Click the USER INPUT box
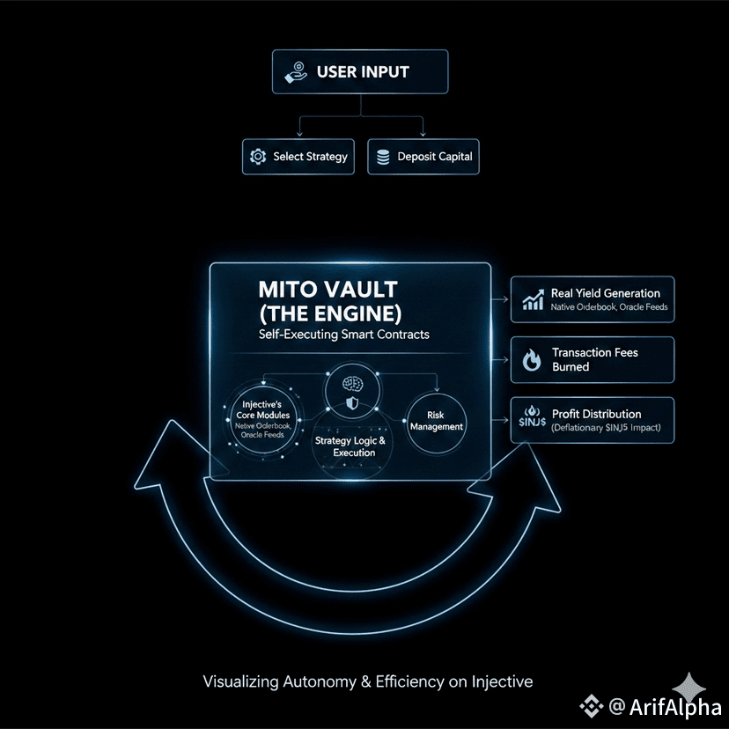coord(360,72)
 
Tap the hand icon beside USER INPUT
coord(295,72)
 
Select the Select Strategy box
coord(298,157)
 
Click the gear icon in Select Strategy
coord(258,157)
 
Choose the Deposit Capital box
coord(423,157)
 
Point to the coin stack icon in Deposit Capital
coord(382,157)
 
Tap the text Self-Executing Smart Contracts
coord(342,335)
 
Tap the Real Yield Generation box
coord(593,299)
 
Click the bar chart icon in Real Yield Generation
coord(533,300)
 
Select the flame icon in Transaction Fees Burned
coord(532,359)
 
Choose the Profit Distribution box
coord(593,420)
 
